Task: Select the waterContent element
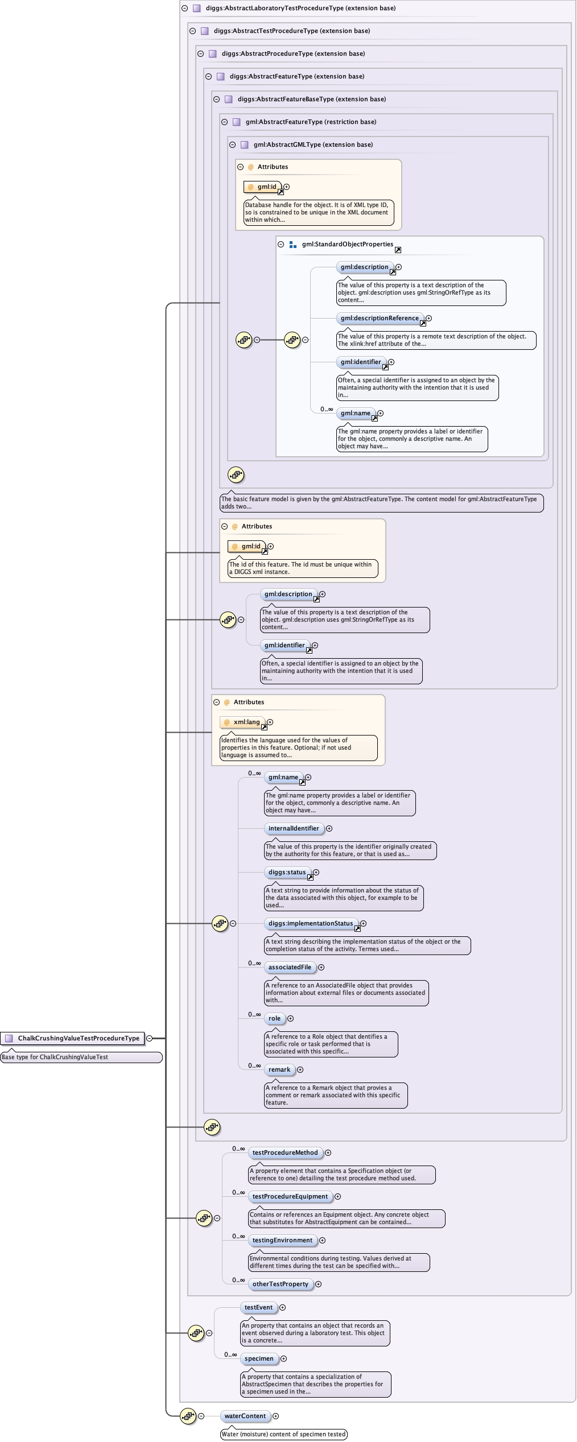coord(245,1416)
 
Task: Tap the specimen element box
coord(259,1358)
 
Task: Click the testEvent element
coord(258,1307)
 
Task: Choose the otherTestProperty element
coord(280,1284)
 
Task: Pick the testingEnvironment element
coord(282,1240)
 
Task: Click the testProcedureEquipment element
coord(290,1196)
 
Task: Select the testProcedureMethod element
coord(285,1152)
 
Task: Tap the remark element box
coord(279,1069)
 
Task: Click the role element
coord(274,1018)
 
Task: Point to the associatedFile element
coord(290,967)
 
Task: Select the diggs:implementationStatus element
coord(311,923)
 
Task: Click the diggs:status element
coord(287,872)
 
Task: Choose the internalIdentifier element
coord(294,828)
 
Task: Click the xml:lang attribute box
coord(243,722)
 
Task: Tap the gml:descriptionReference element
coord(380,318)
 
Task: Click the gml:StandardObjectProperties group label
coord(347,244)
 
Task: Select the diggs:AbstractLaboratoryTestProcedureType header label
coord(300,8)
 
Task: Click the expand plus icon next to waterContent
coord(275,1416)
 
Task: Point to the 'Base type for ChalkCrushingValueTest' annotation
coord(81,1057)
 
